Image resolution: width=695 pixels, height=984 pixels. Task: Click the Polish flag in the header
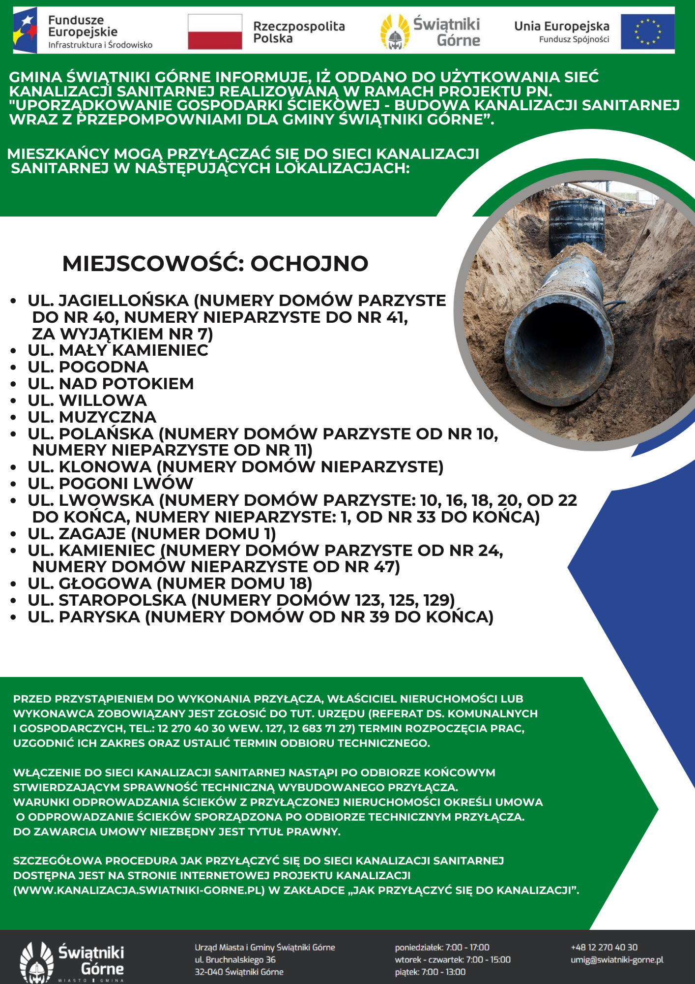point(215,32)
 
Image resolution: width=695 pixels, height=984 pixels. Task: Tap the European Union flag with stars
point(647,32)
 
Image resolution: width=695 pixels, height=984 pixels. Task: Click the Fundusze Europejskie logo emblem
point(25,31)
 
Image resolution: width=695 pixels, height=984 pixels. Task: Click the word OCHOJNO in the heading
point(309,264)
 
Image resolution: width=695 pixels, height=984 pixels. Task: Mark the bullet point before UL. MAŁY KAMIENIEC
point(14,351)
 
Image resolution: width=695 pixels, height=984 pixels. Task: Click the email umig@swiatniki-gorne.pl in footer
point(617,960)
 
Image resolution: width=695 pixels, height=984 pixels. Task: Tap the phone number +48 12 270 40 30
point(604,947)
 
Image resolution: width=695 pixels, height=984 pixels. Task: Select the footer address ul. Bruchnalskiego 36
point(235,959)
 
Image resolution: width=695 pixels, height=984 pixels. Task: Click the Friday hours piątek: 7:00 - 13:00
point(430,972)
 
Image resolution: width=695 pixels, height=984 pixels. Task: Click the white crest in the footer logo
point(36,962)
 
